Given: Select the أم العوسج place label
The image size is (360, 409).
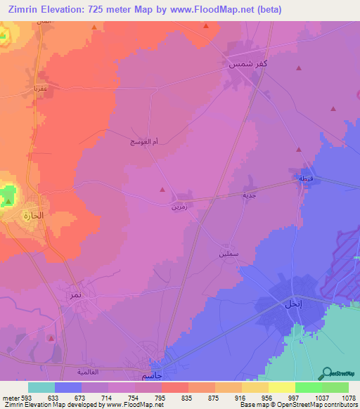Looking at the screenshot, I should click(x=143, y=142).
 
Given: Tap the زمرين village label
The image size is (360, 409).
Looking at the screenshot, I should click(x=179, y=207).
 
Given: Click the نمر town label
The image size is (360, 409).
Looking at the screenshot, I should click(x=75, y=295).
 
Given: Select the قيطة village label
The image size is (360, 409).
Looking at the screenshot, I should click(x=307, y=178).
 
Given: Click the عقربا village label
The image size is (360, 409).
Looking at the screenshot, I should click(x=39, y=89).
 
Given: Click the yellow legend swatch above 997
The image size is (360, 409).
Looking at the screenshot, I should click(x=281, y=387).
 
